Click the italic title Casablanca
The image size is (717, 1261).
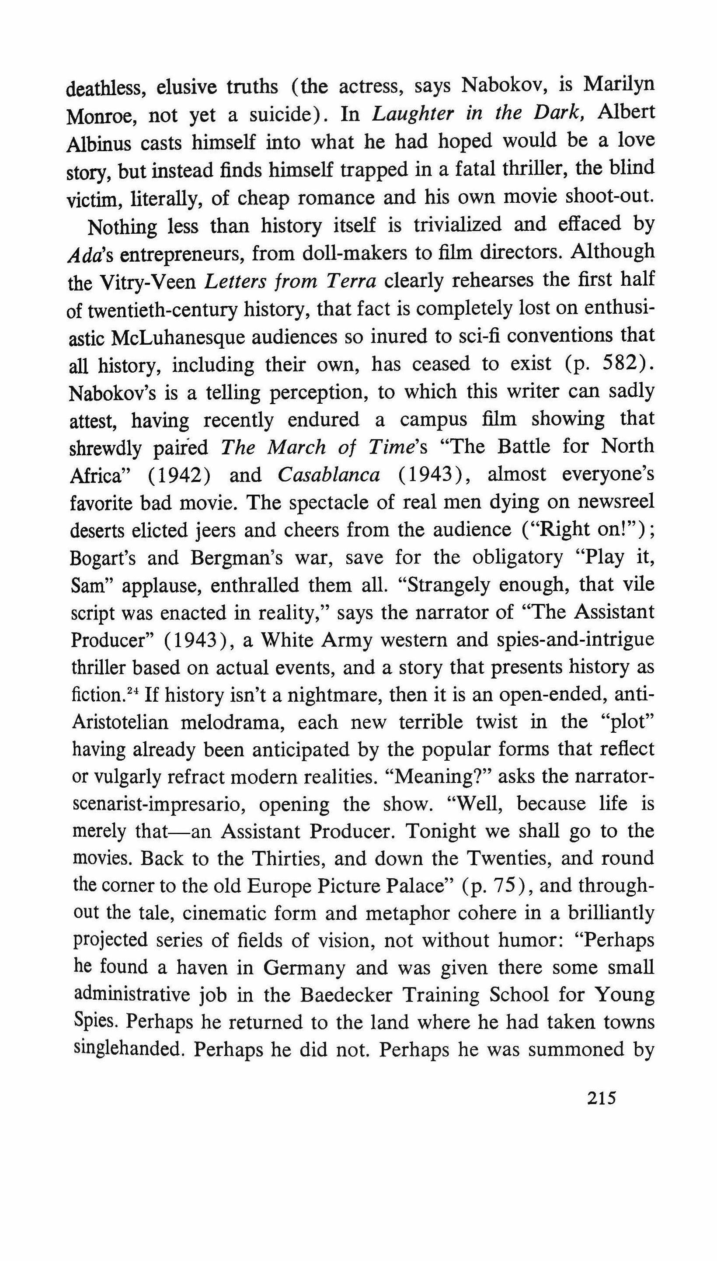pyautogui.click(x=328, y=474)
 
